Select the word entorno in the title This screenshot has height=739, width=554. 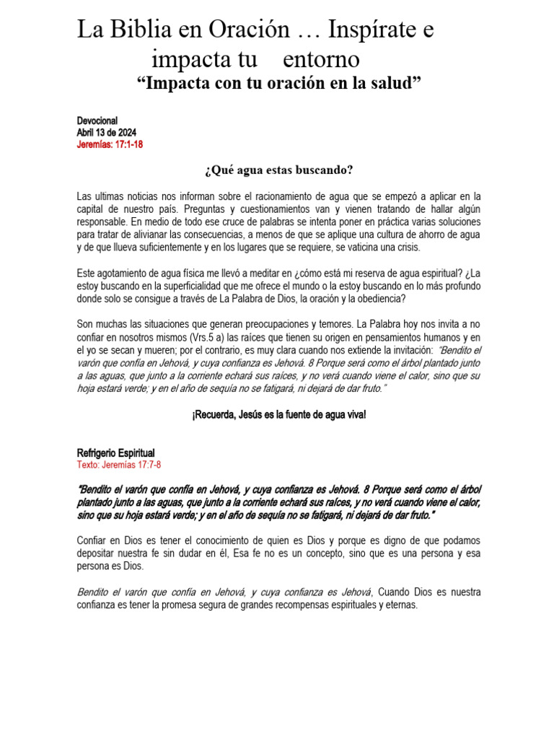click(x=321, y=58)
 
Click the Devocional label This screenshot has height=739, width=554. click(x=97, y=121)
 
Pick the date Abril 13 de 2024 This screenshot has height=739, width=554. click(x=106, y=133)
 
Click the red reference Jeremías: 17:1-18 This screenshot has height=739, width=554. click(x=110, y=144)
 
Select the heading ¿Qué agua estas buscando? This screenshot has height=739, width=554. click(x=278, y=170)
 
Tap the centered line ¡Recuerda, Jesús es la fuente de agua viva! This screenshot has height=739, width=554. click(x=278, y=415)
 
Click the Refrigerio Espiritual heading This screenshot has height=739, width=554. click(x=115, y=453)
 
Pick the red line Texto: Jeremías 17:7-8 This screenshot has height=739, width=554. click(x=119, y=465)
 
